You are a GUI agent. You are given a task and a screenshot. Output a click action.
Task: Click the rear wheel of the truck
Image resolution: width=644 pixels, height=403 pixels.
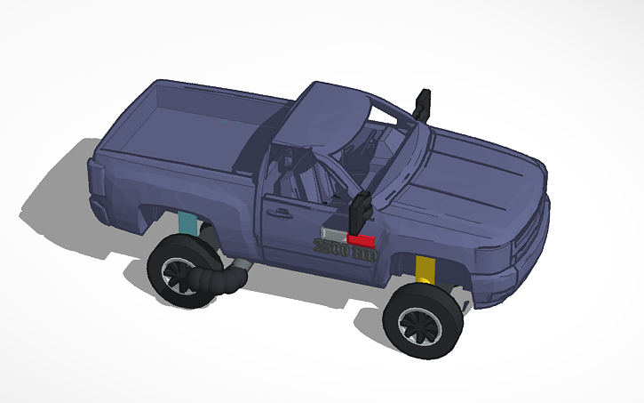(x=181, y=272)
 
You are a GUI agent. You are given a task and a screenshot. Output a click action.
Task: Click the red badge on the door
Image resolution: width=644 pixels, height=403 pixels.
(x=360, y=240)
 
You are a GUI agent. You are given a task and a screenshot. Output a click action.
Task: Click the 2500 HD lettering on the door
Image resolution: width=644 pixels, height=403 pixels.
(x=346, y=251)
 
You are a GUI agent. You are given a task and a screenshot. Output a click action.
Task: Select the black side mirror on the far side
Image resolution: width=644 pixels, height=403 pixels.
(x=421, y=105)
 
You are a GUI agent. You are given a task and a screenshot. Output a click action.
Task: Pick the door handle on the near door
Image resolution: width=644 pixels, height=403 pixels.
(x=282, y=213)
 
